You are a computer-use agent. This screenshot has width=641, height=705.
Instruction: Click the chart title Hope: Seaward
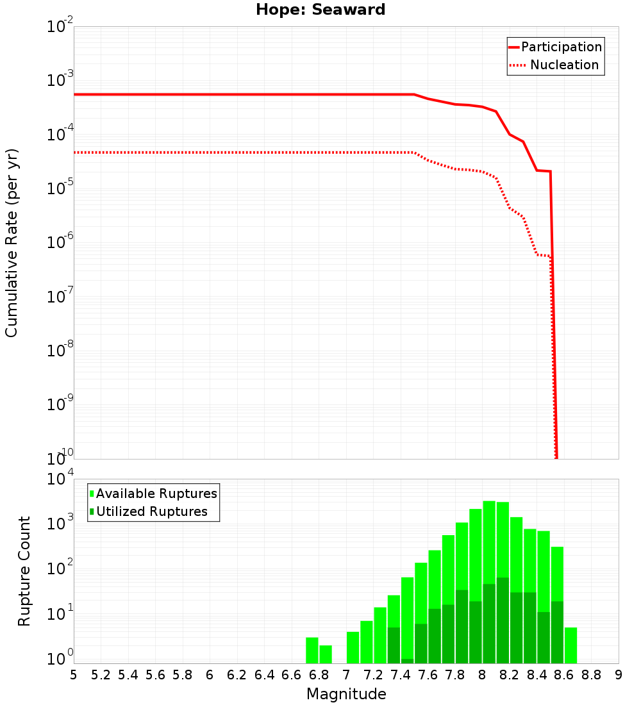320,10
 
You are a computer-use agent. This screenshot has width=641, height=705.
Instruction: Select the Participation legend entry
561,47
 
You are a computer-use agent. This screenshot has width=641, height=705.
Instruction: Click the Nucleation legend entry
563,65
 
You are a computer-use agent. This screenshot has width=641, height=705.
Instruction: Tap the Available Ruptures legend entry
156,493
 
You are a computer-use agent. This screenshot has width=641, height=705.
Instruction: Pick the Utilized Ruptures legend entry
151,511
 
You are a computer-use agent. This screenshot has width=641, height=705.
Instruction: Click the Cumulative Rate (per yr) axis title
12,243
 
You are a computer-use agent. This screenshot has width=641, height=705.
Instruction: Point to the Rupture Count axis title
24,571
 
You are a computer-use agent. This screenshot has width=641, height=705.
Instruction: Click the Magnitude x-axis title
346,694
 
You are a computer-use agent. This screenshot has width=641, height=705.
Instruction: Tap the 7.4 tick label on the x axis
401,675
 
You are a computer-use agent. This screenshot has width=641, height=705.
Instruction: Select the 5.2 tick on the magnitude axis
101,675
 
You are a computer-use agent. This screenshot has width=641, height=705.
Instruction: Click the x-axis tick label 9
619,675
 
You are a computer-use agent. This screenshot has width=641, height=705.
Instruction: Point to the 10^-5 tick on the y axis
61,189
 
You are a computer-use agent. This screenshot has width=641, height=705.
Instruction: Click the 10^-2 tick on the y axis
61,28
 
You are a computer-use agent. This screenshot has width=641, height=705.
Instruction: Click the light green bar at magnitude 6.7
312,651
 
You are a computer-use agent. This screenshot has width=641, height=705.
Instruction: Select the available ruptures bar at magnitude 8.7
570,645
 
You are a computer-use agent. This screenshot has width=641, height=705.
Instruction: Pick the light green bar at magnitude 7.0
353,647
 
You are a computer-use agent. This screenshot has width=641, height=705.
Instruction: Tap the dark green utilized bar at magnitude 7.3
394,645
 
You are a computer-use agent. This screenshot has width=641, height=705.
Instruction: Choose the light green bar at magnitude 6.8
326,654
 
